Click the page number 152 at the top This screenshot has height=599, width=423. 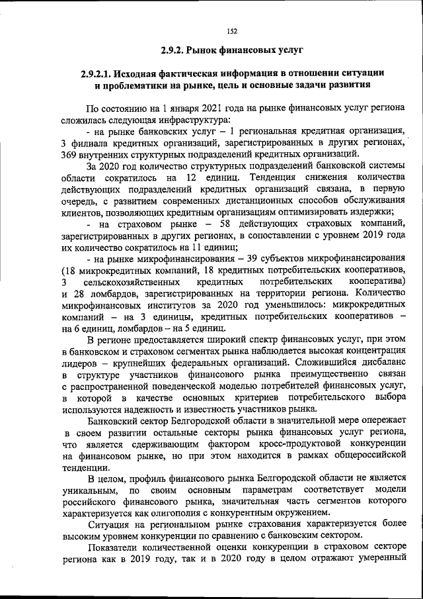[211, 30]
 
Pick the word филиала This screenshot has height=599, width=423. [89, 144]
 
